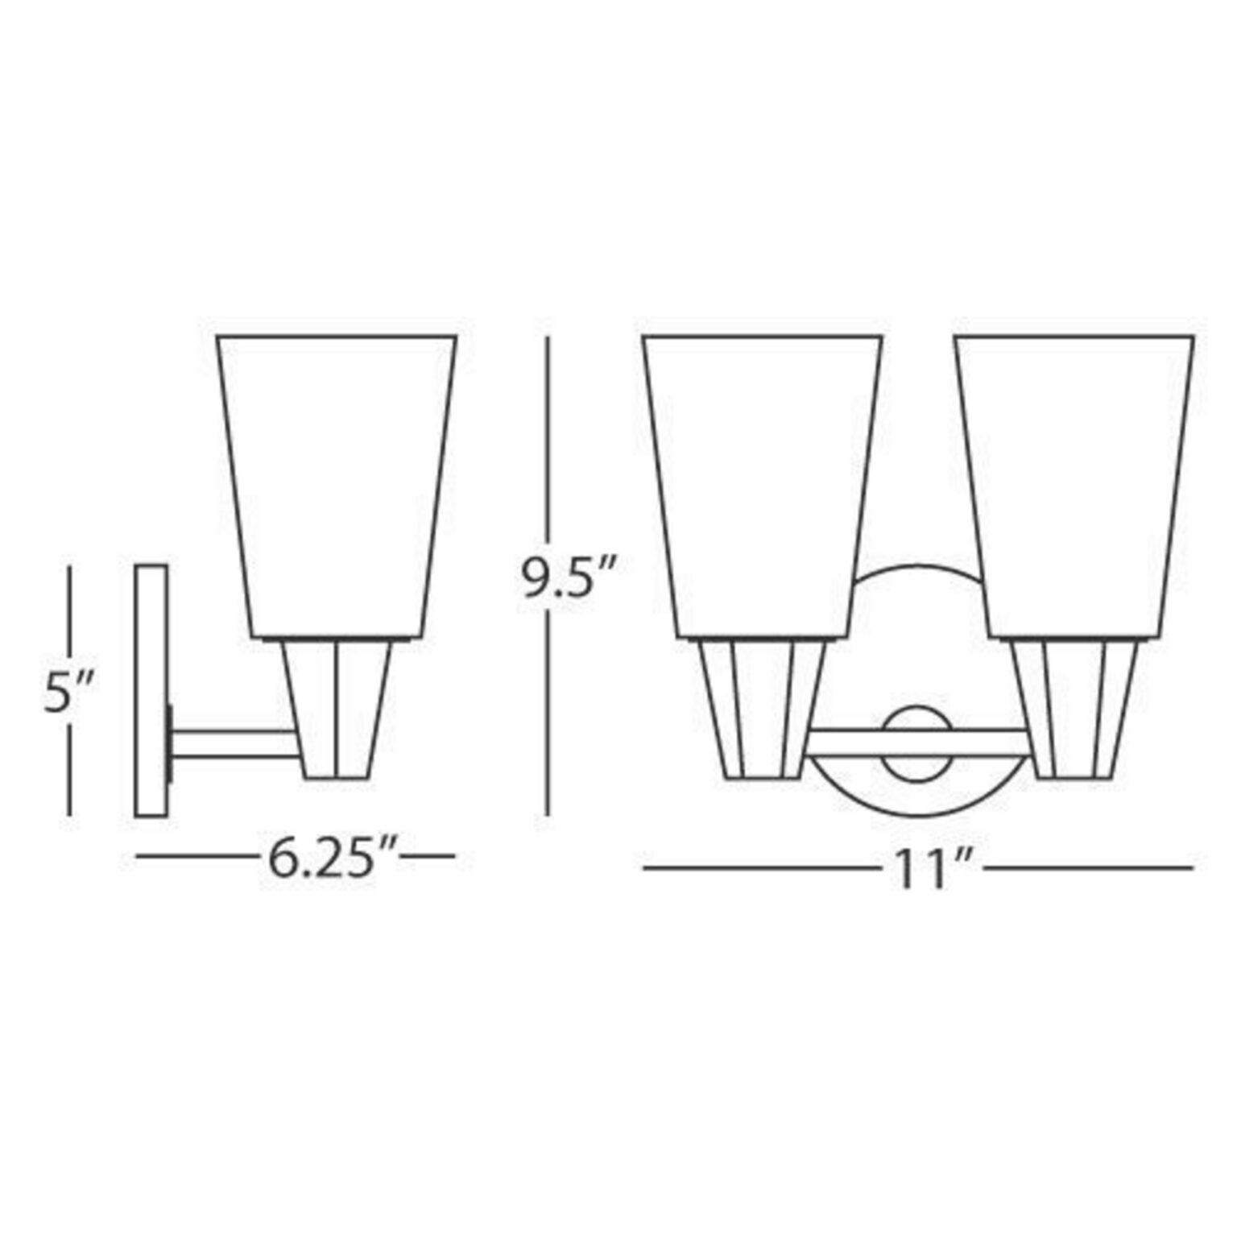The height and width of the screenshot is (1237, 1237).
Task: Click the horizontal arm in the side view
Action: (x=234, y=744)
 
